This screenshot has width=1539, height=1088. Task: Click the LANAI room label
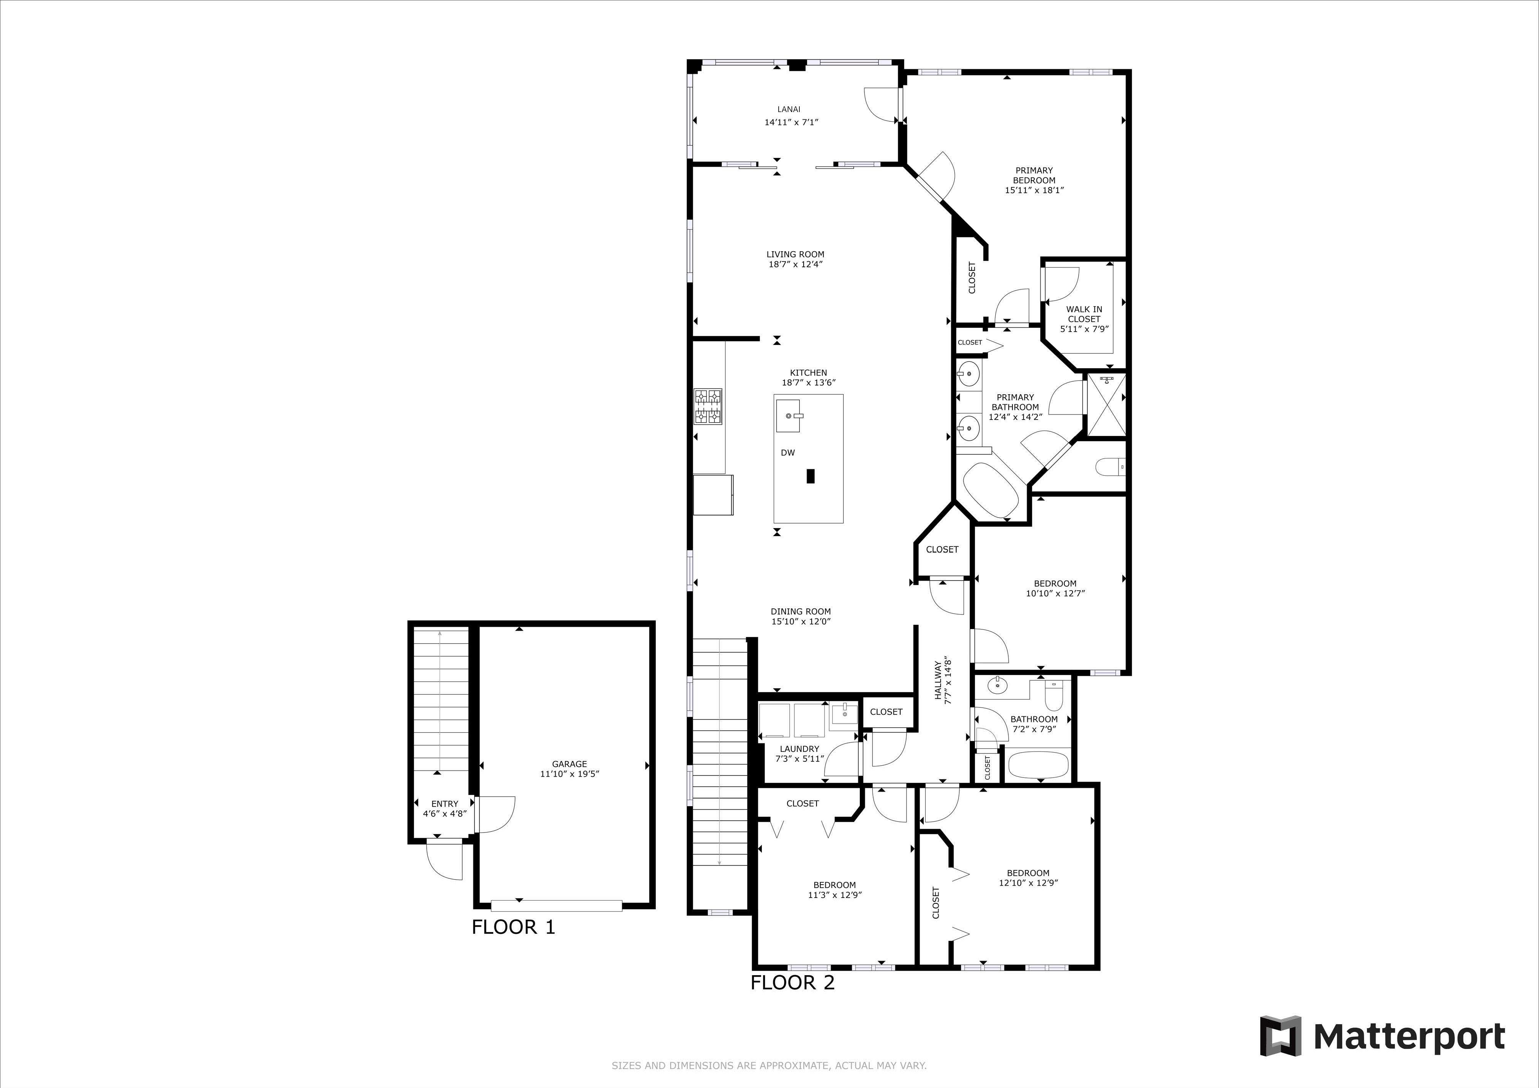(x=789, y=109)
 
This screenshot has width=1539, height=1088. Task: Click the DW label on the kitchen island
(x=787, y=453)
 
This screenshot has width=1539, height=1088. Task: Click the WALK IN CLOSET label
(x=1084, y=314)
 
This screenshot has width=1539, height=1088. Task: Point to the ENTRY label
(x=444, y=804)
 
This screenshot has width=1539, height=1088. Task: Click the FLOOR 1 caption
(x=514, y=927)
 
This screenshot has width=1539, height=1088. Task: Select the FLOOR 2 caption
(x=792, y=983)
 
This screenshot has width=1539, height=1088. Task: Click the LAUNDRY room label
(x=799, y=749)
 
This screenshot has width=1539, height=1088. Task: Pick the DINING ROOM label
(x=800, y=611)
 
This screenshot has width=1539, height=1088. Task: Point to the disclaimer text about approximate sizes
(x=769, y=1065)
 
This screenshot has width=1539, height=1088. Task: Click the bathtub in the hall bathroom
(x=1039, y=764)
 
